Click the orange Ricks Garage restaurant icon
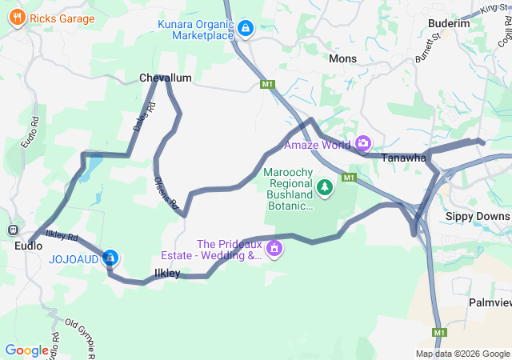[17, 18]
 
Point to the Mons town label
[342, 58]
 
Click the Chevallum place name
[166, 78]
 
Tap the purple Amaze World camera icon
[363, 143]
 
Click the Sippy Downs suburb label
[477, 217]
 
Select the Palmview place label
[490, 303]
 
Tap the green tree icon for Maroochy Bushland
[325, 188]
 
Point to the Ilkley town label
[167, 274]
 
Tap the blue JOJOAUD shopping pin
[111, 258]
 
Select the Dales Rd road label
[142, 118]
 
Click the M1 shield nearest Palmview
[438, 332]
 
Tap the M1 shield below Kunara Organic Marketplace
[267, 84]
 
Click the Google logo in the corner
[26, 350]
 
